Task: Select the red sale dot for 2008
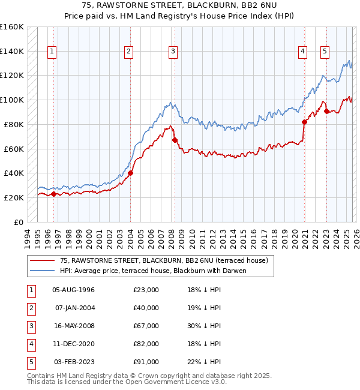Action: (175, 140)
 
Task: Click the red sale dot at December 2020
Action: (304, 122)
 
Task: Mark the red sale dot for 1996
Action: (53, 194)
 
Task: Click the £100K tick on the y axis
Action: (12, 100)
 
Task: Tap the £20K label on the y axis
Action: (14, 197)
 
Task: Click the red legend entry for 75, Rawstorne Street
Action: (158, 260)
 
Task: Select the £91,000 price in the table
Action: (146, 362)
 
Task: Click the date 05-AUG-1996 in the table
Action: (73, 290)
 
